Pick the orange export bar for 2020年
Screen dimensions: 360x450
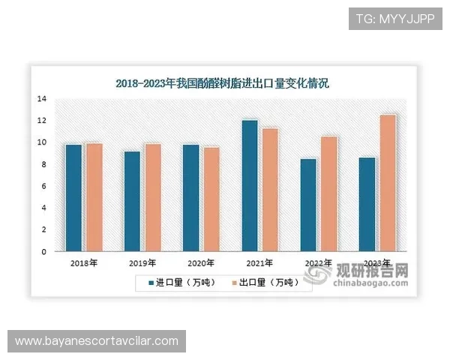tap(211, 199)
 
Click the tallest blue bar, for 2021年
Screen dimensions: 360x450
tap(250, 185)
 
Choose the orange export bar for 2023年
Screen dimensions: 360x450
tap(387, 183)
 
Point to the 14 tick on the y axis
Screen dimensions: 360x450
tap(42, 99)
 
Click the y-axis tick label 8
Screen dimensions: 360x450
tap(44, 164)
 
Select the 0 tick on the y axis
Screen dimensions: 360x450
tap(44, 252)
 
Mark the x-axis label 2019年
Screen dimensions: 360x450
tap(142, 263)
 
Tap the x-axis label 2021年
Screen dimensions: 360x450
tap(259, 263)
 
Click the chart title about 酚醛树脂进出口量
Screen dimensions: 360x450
tap(222, 84)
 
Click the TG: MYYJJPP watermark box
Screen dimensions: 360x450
tap(395, 17)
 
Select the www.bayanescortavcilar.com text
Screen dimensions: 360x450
tap(96, 341)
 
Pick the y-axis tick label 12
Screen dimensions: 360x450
tap(42, 121)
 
